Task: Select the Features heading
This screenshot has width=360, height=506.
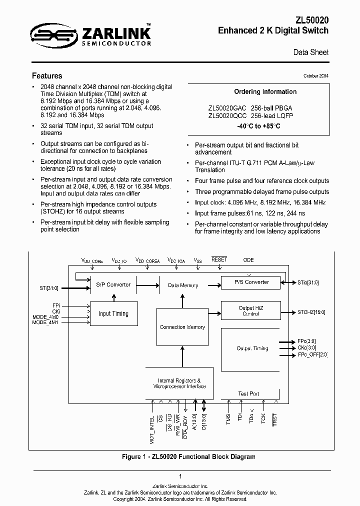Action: tap(47, 76)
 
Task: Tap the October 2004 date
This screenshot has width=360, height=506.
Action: tap(316, 75)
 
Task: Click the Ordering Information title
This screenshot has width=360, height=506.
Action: tap(265, 91)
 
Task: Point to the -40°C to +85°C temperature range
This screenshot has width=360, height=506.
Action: tap(258, 126)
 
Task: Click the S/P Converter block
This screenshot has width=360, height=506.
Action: tap(113, 284)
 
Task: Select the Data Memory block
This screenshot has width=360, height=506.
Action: tap(183, 285)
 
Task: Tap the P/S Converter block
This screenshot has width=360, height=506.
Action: tap(251, 281)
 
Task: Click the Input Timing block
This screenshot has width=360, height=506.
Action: tap(113, 313)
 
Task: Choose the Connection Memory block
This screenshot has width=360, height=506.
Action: tap(182, 327)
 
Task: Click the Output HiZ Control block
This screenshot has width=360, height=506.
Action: tap(251, 311)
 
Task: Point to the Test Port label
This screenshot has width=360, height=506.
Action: tap(249, 393)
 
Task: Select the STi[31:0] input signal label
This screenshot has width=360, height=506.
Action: tap(49, 288)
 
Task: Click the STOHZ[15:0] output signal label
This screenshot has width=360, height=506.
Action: tap(311, 312)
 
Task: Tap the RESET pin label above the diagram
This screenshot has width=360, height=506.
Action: tap(219, 259)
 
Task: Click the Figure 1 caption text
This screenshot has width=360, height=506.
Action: tap(189, 456)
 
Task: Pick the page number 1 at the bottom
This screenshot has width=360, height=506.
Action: tap(180, 476)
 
